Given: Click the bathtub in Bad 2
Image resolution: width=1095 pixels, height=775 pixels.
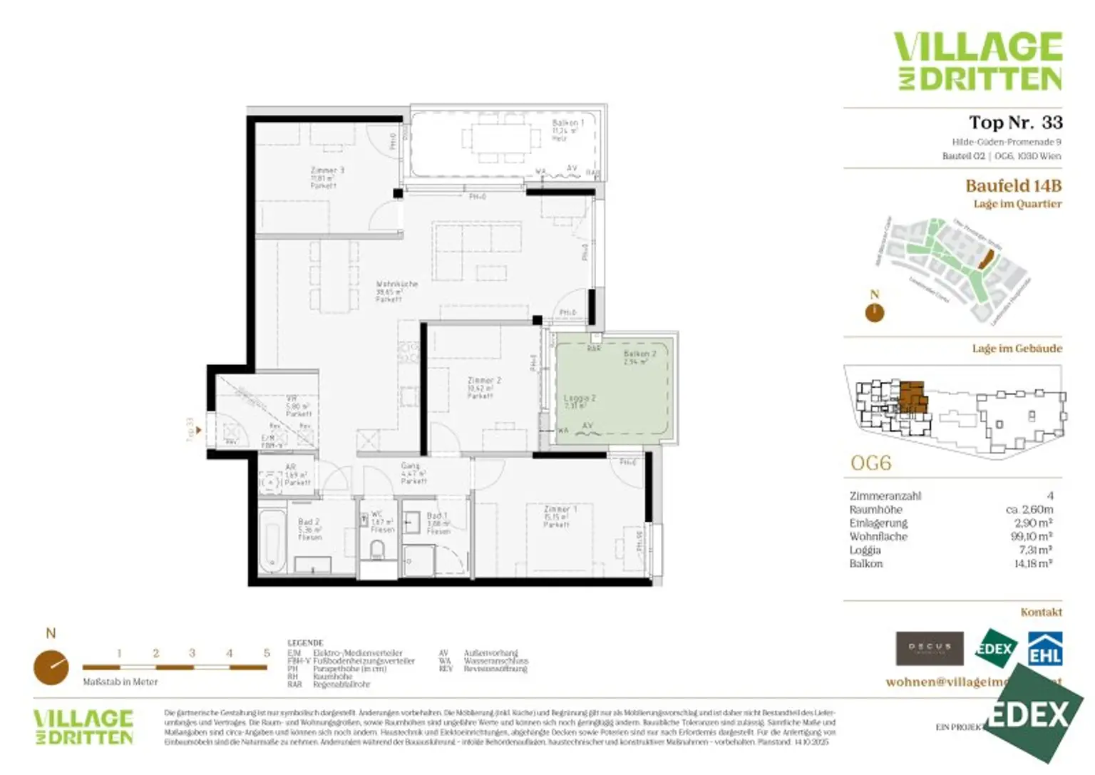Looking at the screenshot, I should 272,540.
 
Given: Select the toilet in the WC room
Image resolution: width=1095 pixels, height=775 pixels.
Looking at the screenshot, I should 377,549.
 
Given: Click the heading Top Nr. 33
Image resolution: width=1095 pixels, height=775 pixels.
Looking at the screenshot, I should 1015,123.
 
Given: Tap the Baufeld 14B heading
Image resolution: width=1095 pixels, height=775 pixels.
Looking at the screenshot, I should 1013,186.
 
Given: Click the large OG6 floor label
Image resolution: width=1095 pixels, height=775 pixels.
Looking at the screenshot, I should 870,463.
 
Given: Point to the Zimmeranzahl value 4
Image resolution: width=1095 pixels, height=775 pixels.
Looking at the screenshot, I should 1049,496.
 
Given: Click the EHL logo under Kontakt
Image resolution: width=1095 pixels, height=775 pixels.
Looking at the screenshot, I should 1044,650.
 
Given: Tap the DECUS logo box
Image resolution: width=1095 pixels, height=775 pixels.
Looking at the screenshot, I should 929,648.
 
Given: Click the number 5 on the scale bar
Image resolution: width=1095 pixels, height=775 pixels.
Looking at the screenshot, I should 267,653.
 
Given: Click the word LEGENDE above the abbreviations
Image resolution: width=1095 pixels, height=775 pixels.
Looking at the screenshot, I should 305,642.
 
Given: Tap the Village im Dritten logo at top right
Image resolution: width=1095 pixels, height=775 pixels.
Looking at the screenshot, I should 978,61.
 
